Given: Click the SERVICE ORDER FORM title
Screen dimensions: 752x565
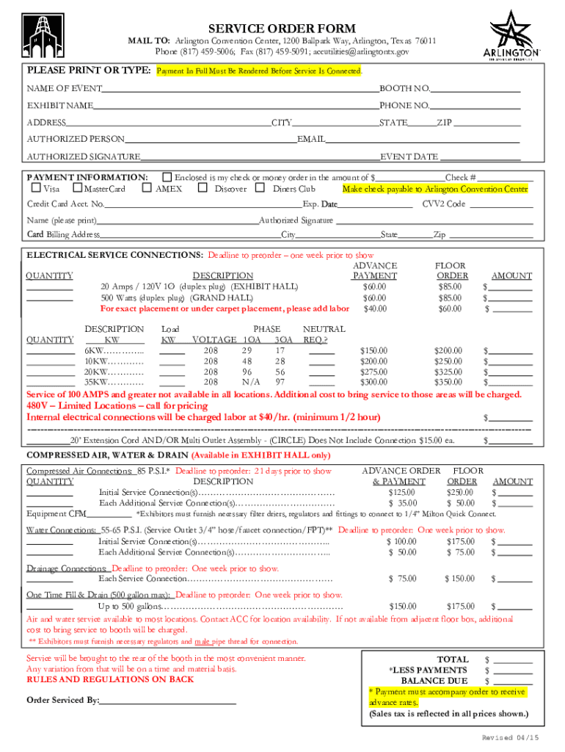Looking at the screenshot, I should (282, 27).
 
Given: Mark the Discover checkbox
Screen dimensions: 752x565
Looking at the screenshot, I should (203, 189).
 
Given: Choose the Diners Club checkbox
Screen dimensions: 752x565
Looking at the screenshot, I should (260, 189).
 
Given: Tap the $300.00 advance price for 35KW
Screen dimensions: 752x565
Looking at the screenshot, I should (374, 383).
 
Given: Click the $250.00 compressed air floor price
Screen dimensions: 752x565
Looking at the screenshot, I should (460, 493).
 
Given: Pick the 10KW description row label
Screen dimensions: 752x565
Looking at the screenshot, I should (114, 362).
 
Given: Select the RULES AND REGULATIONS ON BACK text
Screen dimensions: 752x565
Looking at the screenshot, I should (110, 680).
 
